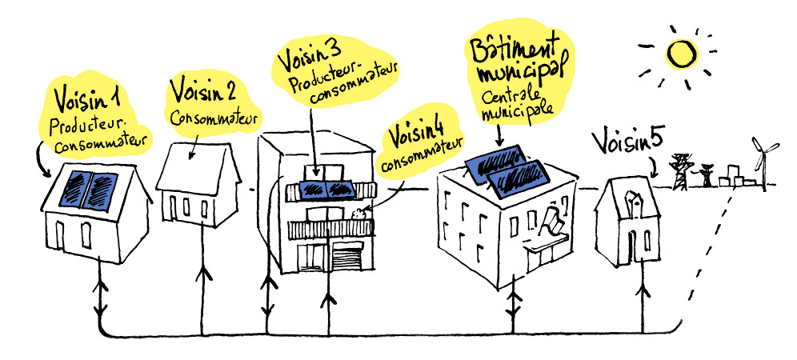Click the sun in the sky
(680, 54)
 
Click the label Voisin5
(627, 142)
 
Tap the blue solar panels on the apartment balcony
(327, 189)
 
